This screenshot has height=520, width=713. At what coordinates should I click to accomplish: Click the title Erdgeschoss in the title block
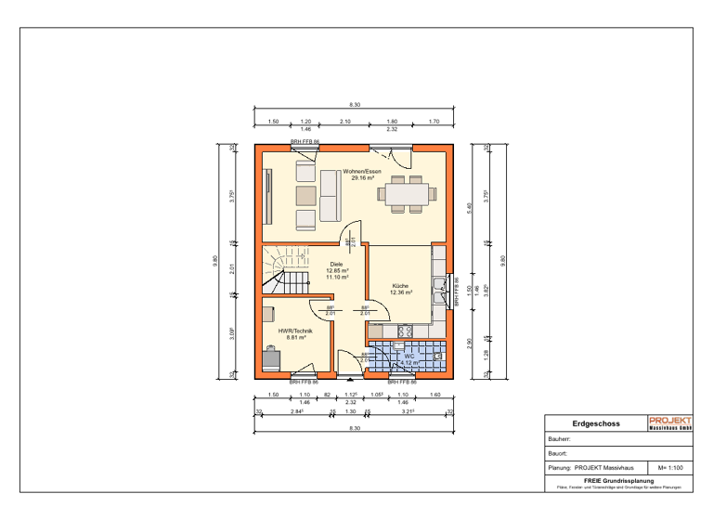590,423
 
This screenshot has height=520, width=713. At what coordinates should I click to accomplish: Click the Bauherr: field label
560,439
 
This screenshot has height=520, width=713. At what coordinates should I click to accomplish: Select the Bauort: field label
558,454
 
